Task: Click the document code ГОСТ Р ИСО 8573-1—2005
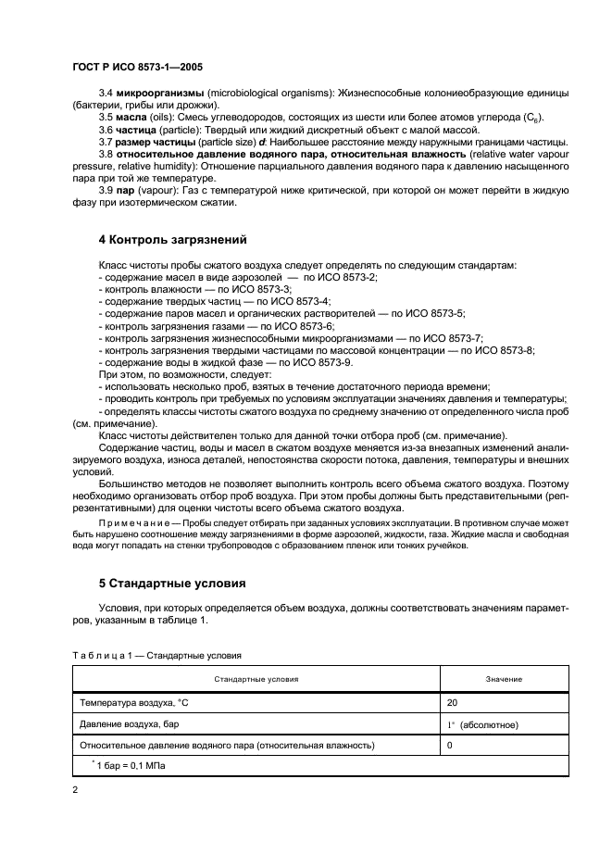pos(137,68)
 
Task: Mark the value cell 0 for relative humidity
pos(450,744)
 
